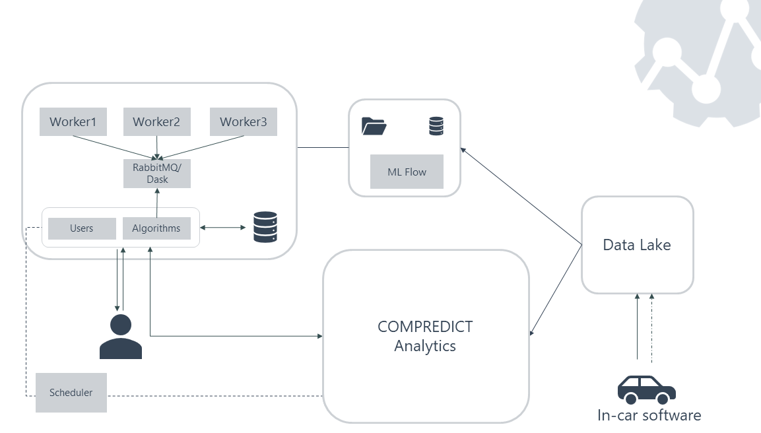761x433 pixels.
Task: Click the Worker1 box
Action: point(73,122)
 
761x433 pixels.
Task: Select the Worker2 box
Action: point(156,122)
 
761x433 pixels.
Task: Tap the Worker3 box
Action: point(243,122)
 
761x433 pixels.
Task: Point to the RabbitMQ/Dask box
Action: point(157,174)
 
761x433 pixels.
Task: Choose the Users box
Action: point(82,228)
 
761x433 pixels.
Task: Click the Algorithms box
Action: point(156,228)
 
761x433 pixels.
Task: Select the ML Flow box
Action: point(407,172)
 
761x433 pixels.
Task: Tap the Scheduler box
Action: point(71,393)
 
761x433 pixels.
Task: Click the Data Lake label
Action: point(637,245)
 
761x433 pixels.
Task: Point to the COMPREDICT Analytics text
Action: point(425,336)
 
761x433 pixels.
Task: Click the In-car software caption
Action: point(649,415)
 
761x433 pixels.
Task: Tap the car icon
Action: point(646,389)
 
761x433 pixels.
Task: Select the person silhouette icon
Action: point(121,337)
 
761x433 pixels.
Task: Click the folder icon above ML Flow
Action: point(374,126)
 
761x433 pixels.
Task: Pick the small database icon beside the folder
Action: point(436,126)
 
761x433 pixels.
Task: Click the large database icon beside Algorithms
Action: point(265,227)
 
